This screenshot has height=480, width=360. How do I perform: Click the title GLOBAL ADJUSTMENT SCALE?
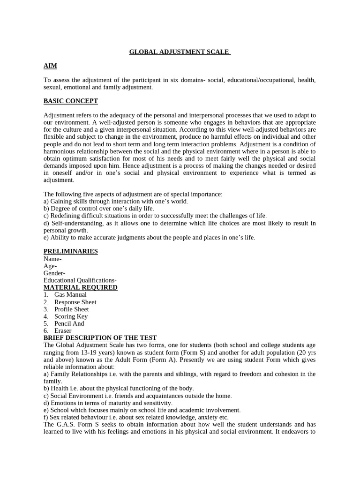pos(180,52)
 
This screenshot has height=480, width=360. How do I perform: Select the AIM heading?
pos(50,66)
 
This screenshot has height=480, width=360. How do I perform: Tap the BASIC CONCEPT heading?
pos(71,101)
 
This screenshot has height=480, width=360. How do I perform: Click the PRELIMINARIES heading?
pos(71,251)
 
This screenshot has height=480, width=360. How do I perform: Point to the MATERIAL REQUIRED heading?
pos(81,287)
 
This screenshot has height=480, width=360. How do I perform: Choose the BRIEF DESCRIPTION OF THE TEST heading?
pos(100,338)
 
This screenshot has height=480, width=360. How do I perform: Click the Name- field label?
pos(52,259)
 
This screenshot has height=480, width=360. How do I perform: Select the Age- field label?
pos(50,266)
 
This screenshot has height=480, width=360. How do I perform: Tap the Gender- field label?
pos(54,273)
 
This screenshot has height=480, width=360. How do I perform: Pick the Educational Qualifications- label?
pos(80,280)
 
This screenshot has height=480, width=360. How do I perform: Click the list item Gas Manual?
pos(70,295)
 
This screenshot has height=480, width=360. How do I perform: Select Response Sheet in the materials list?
pos(75,302)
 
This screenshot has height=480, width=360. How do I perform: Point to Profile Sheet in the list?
pos(71,309)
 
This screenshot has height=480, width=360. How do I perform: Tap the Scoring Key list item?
pos(71,316)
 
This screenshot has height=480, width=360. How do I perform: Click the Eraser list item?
pos(63,331)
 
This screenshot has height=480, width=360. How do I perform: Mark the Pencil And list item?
pos(69,323)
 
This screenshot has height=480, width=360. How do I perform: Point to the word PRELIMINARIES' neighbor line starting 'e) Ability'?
pos(150,238)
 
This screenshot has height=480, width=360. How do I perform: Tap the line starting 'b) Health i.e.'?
pos(119,389)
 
